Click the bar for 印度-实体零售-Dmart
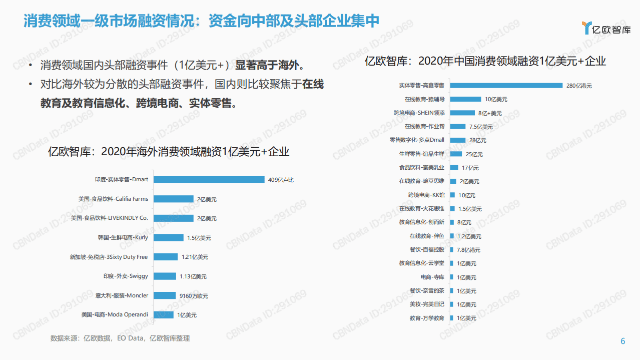tap(209, 179)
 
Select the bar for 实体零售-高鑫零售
tap(506, 86)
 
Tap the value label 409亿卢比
tap(281, 180)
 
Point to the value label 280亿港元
tap(579, 86)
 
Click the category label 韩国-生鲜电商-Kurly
tap(123, 237)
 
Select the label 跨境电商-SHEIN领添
tap(419, 113)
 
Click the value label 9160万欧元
tap(193, 296)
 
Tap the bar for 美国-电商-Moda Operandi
tap(164, 315)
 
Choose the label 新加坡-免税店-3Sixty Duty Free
tap(109, 257)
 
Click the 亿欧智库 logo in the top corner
tap(606, 29)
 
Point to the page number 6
tap(623, 341)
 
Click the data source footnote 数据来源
tap(120, 338)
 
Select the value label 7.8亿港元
tap(468, 250)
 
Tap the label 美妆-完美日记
tap(427, 304)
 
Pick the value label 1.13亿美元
tap(193, 276)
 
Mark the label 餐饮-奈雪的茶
tap(427, 290)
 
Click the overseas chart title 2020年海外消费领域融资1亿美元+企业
tap(169, 152)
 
